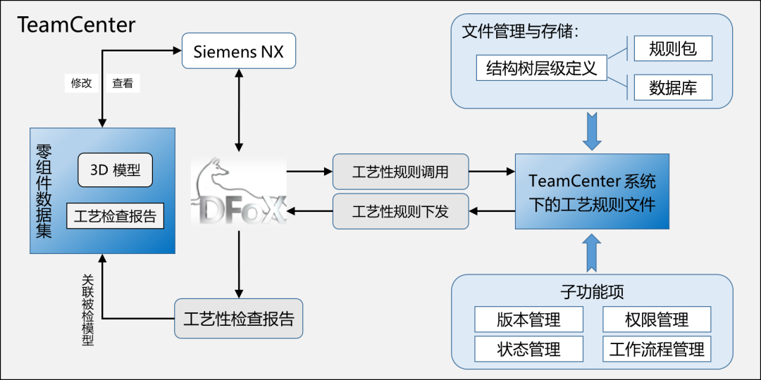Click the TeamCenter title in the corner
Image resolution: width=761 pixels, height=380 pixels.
click(76, 25)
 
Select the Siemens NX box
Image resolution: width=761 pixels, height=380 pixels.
click(238, 51)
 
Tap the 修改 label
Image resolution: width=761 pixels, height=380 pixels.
click(81, 83)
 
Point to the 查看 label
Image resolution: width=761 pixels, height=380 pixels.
click(123, 83)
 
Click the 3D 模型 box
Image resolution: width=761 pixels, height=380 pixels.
click(115, 170)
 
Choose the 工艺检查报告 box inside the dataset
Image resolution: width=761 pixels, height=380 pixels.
click(115, 216)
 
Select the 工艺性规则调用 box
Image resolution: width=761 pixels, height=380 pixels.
click(400, 171)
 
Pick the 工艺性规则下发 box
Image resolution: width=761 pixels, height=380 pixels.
click(400, 210)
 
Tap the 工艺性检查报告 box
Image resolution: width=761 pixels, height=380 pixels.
click(239, 318)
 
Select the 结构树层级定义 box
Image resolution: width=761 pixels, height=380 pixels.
click(541, 68)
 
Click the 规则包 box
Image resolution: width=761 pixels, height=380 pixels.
click(673, 49)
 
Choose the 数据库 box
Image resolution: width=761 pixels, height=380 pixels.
click(673, 88)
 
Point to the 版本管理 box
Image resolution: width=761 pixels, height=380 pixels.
click(528, 319)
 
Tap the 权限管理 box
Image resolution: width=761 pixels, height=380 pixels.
click(657, 319)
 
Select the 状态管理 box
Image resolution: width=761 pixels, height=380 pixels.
click(528, 349)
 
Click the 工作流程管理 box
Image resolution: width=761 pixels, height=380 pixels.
click(657, 349)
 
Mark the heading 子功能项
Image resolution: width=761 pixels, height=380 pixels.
click(592, 291)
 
